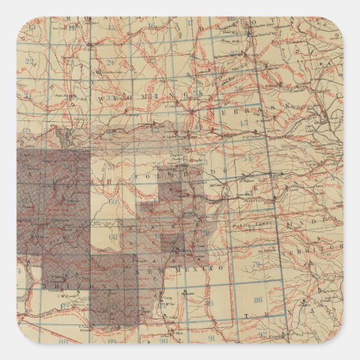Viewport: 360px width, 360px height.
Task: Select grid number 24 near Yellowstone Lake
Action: point(110,63)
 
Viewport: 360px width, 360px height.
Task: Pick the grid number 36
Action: point(239,88)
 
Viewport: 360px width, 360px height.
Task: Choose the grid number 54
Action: point(248,158)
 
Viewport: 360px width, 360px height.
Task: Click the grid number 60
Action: point(113,202)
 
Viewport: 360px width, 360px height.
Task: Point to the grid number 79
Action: point(256,263)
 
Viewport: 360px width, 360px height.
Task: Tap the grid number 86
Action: point(258,300)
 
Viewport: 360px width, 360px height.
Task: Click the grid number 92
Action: point(263,335)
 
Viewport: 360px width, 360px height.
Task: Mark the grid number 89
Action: point(112,341)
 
